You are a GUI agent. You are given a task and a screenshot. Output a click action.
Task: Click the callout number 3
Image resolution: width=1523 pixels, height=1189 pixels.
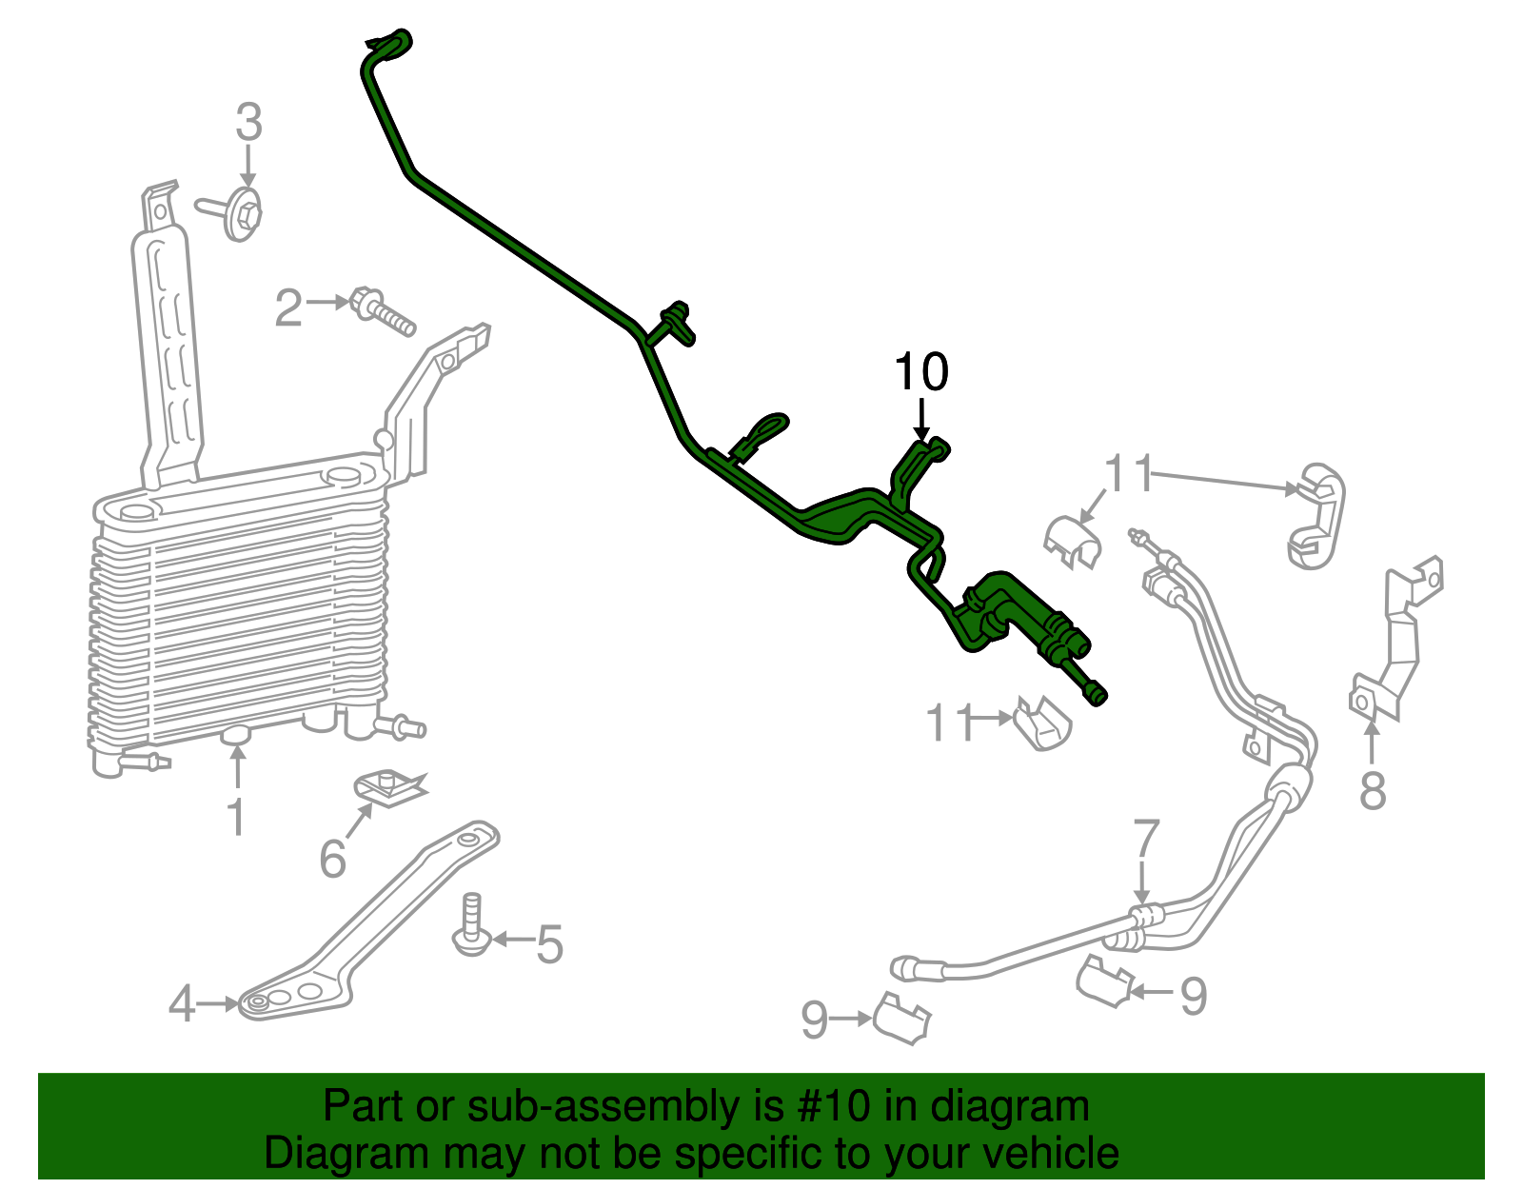(248, 125)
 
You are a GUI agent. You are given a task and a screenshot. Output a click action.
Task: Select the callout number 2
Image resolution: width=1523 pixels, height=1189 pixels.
(288, 307)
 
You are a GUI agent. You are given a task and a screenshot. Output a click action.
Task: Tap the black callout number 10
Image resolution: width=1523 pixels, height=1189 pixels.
(920, 372)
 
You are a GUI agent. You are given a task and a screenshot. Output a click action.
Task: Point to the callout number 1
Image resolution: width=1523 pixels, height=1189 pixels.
(236, 818)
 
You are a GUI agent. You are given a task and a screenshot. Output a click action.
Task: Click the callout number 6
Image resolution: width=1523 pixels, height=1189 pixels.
(332, 859)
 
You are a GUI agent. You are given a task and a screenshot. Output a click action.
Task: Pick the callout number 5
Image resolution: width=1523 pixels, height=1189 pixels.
(549, 943)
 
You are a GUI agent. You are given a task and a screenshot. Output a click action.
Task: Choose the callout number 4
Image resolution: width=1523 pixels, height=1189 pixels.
(182, 1004)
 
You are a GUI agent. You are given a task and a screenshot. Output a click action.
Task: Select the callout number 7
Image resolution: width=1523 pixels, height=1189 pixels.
(1146, 839)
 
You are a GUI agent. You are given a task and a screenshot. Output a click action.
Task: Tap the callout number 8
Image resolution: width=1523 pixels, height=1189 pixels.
(1372, 790)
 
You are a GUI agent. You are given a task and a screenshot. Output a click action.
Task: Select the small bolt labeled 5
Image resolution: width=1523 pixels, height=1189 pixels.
(471, 925)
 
